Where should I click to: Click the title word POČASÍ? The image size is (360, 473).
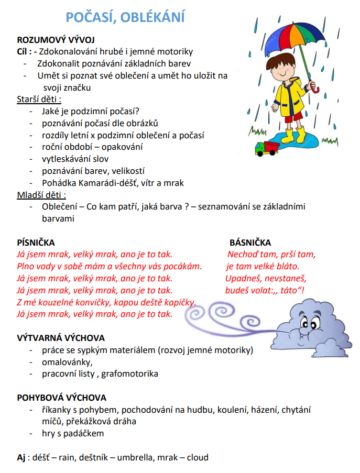coord(90,17)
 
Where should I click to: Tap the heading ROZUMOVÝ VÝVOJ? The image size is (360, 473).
coord(56,40)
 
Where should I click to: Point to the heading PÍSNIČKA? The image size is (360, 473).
coord(36,243)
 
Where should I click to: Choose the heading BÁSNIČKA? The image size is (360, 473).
coord(250,243)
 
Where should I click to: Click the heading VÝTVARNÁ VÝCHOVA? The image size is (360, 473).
coord(61,338)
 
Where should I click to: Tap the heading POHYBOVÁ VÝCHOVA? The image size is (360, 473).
coord(62,398)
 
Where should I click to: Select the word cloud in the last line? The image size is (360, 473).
coord(197,457)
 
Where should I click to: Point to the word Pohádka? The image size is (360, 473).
coord(59,183)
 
